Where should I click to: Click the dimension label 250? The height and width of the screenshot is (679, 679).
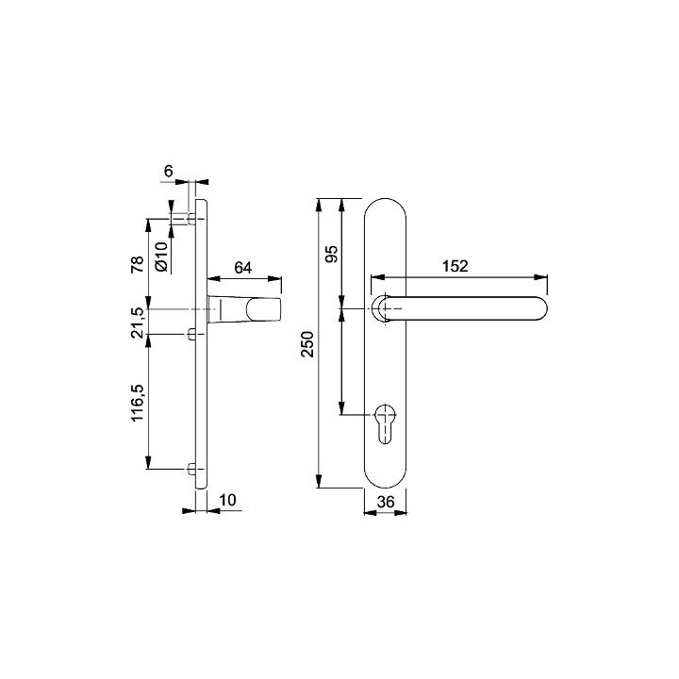(307, 344)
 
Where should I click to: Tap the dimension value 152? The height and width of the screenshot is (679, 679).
(455, 266)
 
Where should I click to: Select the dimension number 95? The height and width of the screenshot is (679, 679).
(331, 254)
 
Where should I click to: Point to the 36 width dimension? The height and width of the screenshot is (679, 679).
(386, 502)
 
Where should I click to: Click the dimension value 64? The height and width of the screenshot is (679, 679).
(242, 268)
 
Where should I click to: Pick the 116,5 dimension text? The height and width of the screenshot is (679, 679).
(138, 403)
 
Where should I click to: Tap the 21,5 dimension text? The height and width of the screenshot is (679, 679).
(138, 323)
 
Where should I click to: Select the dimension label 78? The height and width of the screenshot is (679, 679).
(138, 264)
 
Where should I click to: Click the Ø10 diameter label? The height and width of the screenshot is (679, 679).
(161, 257)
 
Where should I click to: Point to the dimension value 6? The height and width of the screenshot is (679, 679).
(168, 172)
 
